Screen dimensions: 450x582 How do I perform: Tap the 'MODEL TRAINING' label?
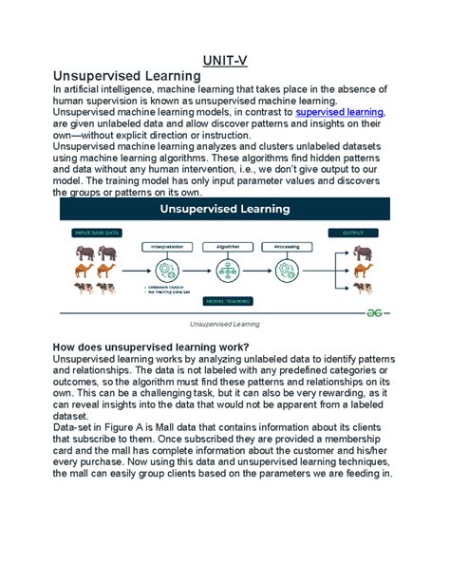pyautogui.click(x=225, y=300)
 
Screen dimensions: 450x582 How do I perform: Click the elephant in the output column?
pyautogui.click(x=362, y=253)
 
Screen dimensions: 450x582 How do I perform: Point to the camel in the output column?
pyautogui.click(x=362, y=270)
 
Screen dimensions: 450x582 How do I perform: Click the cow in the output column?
pyautogui.click(x=362, y=288)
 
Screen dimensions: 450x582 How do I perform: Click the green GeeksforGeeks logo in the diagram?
pyautogui.click(x=378, y=310)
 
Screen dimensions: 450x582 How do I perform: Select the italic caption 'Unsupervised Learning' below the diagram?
pyautogui.click(x=224, y=325)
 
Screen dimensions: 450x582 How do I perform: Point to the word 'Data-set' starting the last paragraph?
pyautogui.click(x=76, y=428)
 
